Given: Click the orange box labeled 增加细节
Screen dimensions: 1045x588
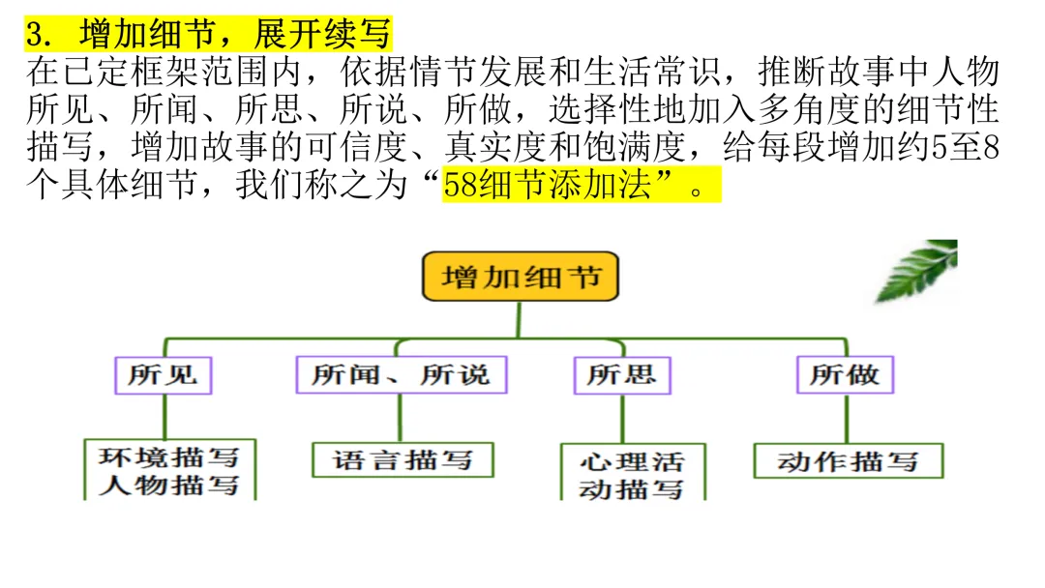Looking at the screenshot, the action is [x=521, y=278].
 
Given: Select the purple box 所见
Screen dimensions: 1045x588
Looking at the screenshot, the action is [x=163, y=374].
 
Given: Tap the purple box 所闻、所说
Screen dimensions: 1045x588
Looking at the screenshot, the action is [x=401, y=374].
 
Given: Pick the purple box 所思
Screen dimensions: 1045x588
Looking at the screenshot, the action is [x=621, y=374].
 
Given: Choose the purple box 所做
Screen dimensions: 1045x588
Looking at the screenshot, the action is [x=845, y=374].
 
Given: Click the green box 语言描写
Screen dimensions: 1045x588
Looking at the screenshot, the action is [x=403, y=459].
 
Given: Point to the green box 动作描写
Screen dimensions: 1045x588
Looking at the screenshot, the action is [x=848, y=460].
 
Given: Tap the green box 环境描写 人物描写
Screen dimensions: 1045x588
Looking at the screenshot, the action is [x=168, y=470].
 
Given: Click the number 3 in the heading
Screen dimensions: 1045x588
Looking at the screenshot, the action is [x=36, y=36].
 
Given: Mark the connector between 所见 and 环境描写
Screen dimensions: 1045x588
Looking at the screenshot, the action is [x=164, y=416].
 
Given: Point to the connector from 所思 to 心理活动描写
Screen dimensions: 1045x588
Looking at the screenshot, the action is [x=622, y=418].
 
